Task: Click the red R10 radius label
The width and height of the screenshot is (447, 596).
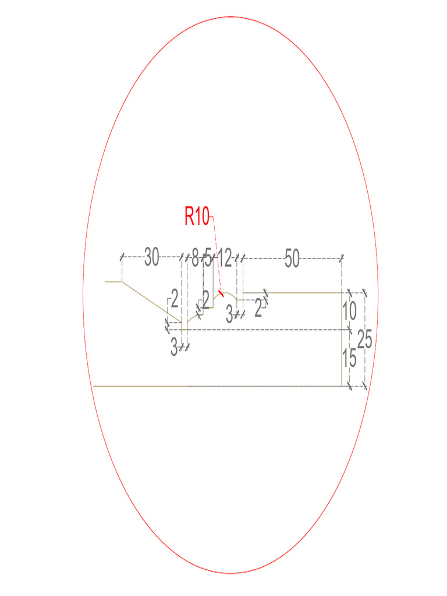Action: click(x=197, y=217)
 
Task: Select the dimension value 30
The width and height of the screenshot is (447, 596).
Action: click(x=152, y=257)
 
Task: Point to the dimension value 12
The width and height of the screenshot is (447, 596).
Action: click(x=225, y=257)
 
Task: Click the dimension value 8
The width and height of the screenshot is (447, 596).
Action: click(x=196, y=257)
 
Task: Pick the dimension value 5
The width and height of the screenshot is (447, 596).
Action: click(x=208, y=258)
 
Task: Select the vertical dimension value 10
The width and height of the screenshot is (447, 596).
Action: click(x=349, y=311)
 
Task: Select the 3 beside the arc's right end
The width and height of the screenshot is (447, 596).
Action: click(x=229, y=315)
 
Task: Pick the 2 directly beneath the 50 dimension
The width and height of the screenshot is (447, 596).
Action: click(x=258, y=309)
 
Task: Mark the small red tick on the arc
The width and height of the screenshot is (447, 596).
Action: click(x=220, y=292)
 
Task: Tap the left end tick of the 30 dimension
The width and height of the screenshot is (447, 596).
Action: click(x=122, y=257)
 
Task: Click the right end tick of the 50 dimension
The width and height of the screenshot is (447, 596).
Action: click(x=342, y=257)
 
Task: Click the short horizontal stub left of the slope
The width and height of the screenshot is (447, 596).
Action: click(x=113, y=282)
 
